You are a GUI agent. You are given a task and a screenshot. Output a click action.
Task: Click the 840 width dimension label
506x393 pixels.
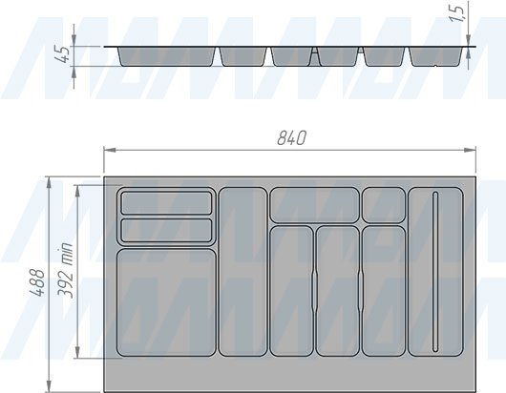(x=291, y=138)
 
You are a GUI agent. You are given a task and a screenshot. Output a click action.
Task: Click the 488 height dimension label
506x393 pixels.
(x=37, y=282)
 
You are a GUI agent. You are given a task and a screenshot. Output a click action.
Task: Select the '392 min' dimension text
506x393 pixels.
(x=65, y=271)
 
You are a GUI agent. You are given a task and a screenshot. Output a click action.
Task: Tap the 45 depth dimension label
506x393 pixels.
(x=62, y=54)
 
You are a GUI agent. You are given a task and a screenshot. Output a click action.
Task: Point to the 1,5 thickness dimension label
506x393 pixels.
(x=458, y=14)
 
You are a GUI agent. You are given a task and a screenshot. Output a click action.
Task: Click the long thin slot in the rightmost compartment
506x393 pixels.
(x=435, y=272)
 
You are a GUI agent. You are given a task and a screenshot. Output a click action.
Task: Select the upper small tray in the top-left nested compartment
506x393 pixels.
(x=166, y=203)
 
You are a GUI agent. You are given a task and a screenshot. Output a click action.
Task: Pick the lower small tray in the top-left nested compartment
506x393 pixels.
(x=166, y=230)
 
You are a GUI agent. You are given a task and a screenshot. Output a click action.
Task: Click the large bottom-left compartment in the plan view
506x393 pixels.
(x=166, y=302)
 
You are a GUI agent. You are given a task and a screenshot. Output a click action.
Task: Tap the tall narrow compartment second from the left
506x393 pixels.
(x=243, y=272)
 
